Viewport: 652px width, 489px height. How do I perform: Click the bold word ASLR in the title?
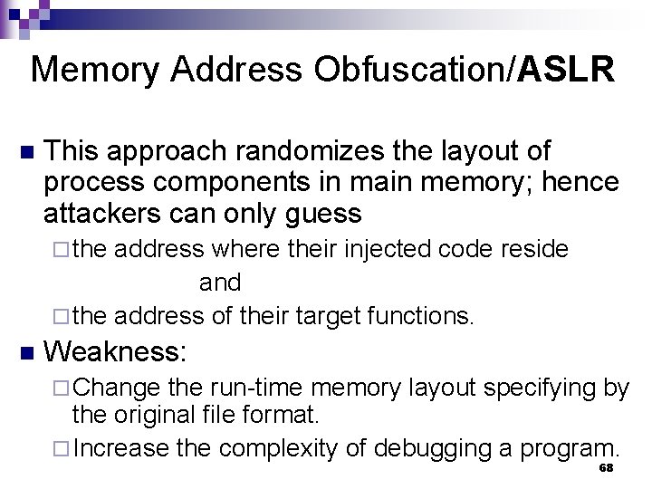pyautogui.click(x=567, y=69)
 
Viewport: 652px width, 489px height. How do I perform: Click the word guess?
pyautogui.click(x=324, y=214)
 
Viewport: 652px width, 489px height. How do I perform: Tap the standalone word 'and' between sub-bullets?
pyautogui.click(x=220, y=283)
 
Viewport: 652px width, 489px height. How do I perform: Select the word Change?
pyautogui.click(x=117, y=388)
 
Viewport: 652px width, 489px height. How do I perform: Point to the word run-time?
pyautogui.click(x=256, y=388)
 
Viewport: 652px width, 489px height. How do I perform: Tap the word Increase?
pyautogui.click(x=121, y=448)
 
